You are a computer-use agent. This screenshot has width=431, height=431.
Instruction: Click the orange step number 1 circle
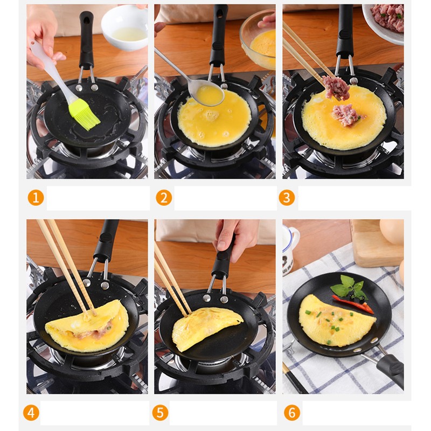[x=36, y=198]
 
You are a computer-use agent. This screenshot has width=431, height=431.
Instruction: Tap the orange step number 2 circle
[x=164, y=198]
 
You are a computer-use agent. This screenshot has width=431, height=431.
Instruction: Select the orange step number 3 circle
[x=287, y=198]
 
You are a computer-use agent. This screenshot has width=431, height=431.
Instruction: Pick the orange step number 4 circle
[x=31, y=413]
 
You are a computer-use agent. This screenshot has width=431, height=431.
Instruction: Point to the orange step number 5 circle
[x=160, y=413]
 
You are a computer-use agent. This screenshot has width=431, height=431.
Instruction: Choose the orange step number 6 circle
[x=291, y=413]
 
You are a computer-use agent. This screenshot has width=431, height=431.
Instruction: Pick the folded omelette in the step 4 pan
[x=86, y=326]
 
